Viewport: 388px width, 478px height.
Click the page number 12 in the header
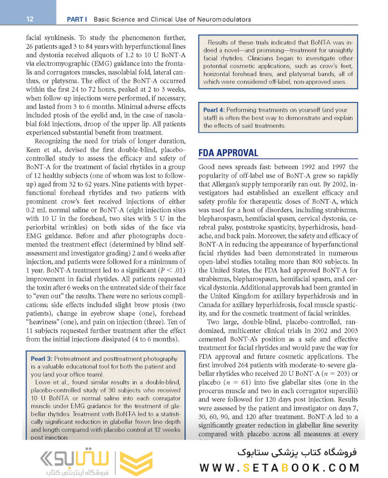[30, 19]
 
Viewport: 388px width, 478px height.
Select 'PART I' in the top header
[77, 19]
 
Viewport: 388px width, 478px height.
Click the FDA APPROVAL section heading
[228, 153]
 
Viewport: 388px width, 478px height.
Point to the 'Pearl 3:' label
[42, 358]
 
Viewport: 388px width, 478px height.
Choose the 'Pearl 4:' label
[214, 110]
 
